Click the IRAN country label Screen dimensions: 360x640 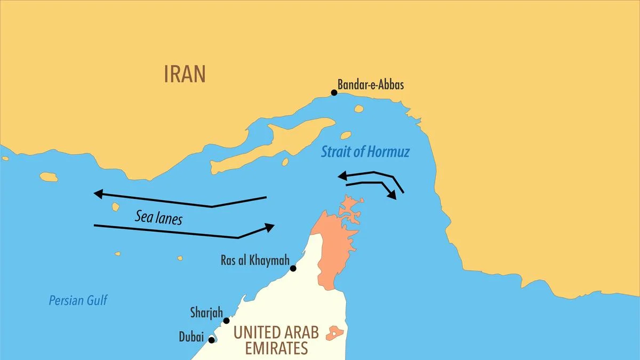(x=185, y=75)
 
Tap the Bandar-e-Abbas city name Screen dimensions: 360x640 (x=371, y=85)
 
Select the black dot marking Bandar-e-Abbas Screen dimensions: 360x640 (x=334, y=93)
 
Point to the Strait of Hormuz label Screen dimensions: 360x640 (x=365, y=152)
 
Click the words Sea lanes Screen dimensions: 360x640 (x=158, y=217)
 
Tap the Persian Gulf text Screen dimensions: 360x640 (x=78, y=300)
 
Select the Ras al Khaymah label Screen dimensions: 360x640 (x=255, y=261)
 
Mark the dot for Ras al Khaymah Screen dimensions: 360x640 (x=293, y=268)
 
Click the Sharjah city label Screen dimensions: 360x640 (x=206, y=312)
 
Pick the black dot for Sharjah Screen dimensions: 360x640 (x=226, y=321)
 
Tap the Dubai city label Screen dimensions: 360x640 (x=191, y=337)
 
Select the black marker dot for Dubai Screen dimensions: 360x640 (x=212, y=340)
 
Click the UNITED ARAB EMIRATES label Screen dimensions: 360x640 (x=276, y=340)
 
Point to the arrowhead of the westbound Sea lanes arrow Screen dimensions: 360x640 (x=98, y=194)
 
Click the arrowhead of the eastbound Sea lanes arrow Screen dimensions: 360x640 (x=269, y=227)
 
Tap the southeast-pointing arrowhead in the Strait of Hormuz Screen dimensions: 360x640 (x=393, y=195)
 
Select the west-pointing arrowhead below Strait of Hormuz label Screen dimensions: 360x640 (x=341, y=175)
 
